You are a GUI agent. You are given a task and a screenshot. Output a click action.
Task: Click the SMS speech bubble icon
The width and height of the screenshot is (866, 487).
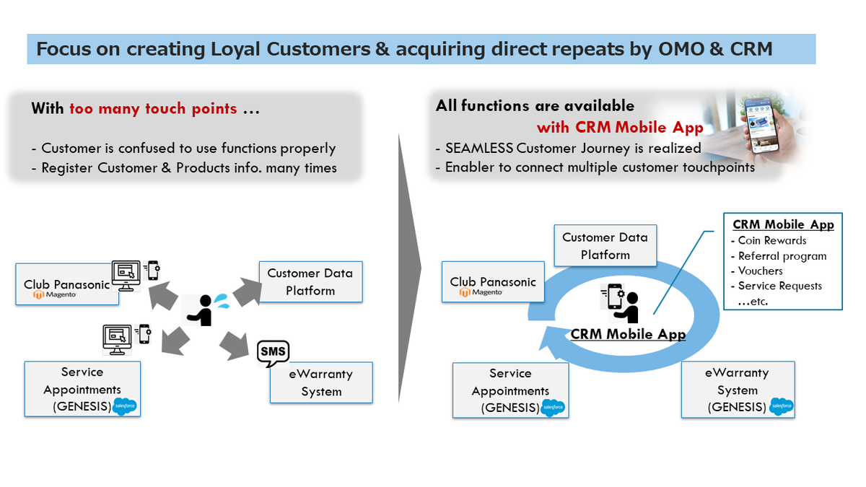(x=273, y=352)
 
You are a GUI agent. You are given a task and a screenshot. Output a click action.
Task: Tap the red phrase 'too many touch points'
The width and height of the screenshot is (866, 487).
(x=153, y=109)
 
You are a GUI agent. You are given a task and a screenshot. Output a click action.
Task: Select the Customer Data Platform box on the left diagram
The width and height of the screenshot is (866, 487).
(x=310, y=282)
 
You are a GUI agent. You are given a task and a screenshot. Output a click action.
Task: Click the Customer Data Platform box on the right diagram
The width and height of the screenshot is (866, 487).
(x=605, y=246)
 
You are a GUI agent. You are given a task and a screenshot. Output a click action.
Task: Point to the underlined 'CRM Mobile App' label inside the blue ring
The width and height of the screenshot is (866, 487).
(x=628, y=334)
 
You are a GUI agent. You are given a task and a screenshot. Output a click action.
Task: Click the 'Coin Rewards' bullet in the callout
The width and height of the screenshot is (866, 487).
(x=771, y=240)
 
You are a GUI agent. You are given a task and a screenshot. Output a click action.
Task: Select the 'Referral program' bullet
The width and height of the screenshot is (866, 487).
(x=782, y=255)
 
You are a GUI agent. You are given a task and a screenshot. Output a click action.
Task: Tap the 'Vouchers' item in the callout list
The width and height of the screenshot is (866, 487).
(x=760, y=271)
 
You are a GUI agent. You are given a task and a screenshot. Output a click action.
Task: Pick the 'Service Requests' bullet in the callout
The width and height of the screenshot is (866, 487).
(x=779, y=286)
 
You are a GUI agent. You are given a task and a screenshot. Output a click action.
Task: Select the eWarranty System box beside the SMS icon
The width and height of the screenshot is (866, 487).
(x=321, y=383)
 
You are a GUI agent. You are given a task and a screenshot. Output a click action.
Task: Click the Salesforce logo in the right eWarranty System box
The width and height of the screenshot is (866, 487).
(x=782, y=407)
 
